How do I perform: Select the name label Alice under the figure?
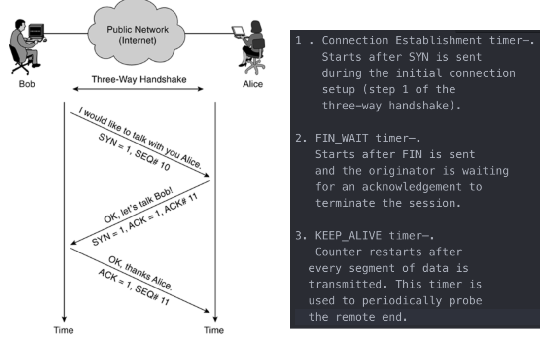tap(252, 84)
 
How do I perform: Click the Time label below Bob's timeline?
tap(64, 330)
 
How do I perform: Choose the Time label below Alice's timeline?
tap(214, 330)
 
